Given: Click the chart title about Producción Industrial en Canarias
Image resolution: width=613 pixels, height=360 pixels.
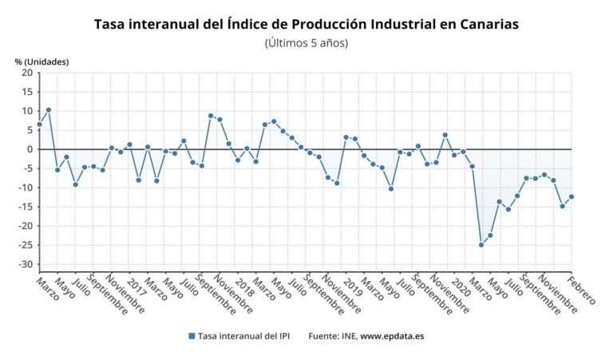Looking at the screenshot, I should (x=306, y=24).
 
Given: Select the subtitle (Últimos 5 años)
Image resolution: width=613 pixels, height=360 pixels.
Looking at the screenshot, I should (x=306, y=43).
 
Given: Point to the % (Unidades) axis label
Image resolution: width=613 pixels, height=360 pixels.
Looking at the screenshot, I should (x=42, y=61).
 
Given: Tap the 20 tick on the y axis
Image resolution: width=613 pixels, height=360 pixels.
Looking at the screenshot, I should (x=27, y=73).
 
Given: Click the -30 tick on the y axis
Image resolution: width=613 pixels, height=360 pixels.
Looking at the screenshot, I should (x=26, y=264).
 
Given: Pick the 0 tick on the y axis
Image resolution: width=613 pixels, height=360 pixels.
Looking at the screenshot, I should (x=30, y=149).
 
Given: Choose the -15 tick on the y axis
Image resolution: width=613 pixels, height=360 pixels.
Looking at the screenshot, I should (x=26, y=207).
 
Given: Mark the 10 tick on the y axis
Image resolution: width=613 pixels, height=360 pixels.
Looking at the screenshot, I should (x=27, y=111).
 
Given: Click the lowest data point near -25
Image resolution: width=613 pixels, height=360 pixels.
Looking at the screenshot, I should (x=481, y=244).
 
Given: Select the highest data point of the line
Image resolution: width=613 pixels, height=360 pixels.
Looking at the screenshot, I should (x=49, y=110).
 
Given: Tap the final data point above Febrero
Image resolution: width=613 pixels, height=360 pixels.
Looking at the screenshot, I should (x=571, y=196).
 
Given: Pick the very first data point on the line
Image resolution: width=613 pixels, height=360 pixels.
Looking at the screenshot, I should (x=39, y=124).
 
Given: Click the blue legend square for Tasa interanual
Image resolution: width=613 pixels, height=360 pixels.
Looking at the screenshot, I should (x=192, y=336).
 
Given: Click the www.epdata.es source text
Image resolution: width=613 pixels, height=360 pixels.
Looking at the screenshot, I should (x=392, y=336).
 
